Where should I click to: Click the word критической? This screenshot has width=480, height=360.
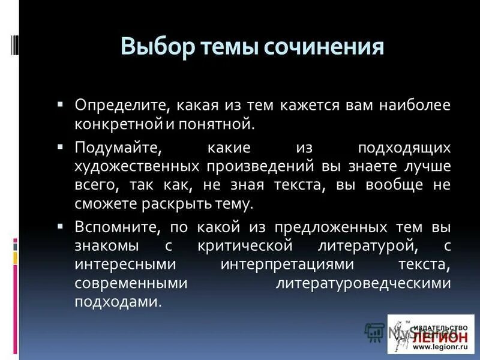[244, 246]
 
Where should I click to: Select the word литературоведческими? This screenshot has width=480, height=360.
[363, 283]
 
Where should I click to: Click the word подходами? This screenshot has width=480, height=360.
[118, 302]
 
